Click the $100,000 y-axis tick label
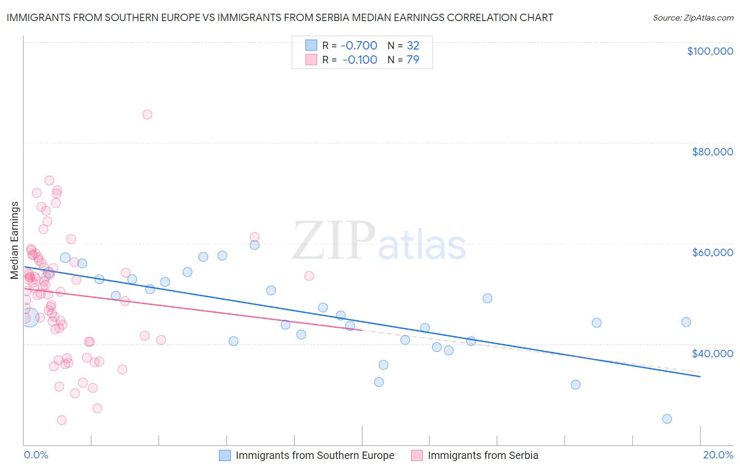coord(710,51)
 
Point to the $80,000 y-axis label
coord(712,152)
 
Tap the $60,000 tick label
coord(712,252)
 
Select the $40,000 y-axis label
coord(712,354)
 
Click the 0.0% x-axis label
coord(36,455)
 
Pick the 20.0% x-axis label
coord(718,455)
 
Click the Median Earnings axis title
coord(15,240)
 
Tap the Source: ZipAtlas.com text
coord(693,17)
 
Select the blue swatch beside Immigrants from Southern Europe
coord(225,455)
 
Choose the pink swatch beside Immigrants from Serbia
coord(417,455)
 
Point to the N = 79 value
coord(403,60)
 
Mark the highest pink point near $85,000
coord(147,114)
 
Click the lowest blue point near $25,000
coord(667,419)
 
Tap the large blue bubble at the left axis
coord(29,317)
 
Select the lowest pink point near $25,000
coord(62,420)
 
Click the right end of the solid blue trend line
coord(700,377)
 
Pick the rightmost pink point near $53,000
coord(309,276)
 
